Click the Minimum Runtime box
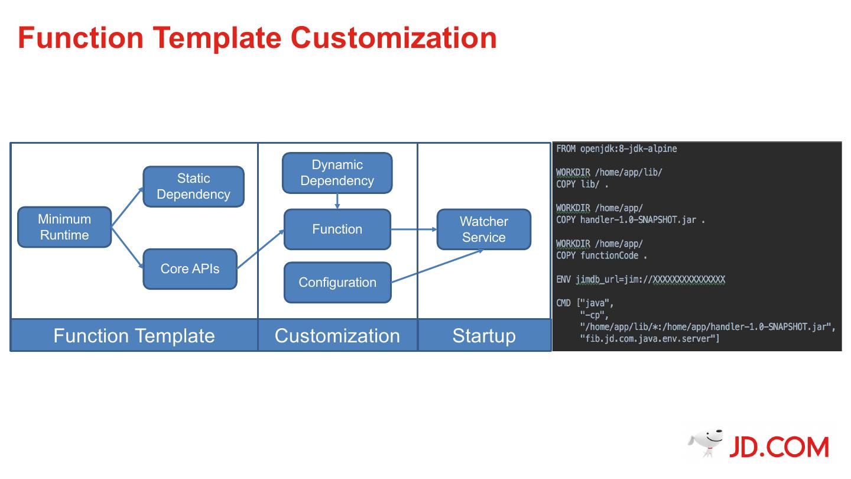(64, 227)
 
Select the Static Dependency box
(193, 186)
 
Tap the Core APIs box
(190, 269)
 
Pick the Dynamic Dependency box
(337, 173)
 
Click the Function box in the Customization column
(337, 229)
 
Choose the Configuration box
(337, 283)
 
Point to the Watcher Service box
(483, 229)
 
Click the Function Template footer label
(134, 336)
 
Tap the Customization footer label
(337, 336)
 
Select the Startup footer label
(483, 336)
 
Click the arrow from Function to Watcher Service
(414, 229)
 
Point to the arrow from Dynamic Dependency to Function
(337, 201)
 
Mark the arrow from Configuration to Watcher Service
(437, 266)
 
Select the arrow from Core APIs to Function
(260, 250)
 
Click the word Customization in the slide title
(393, 38)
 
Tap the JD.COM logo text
(778, 448)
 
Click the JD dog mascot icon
(706, 442)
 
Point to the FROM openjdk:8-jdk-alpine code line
(616, 149)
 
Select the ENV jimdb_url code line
(641, 279)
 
